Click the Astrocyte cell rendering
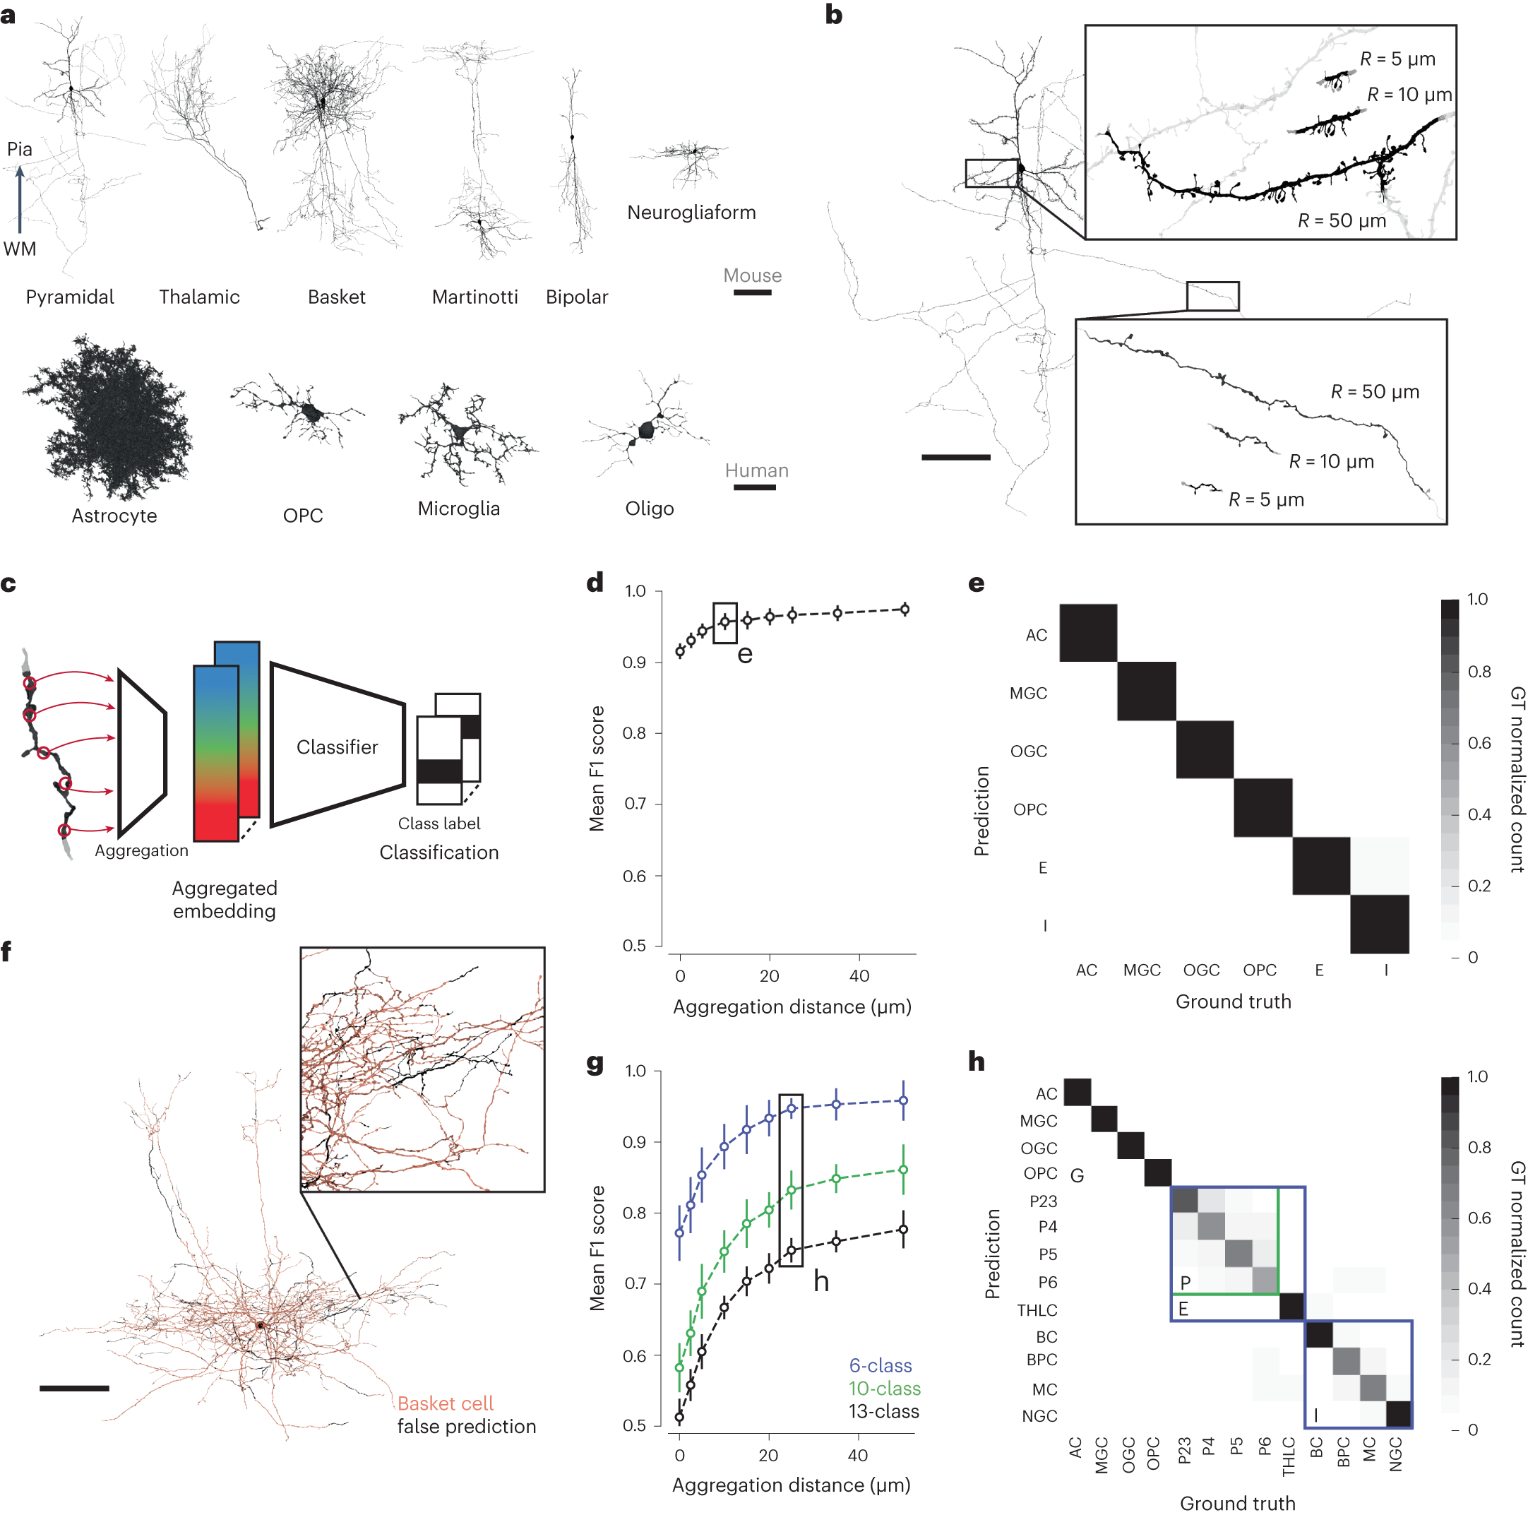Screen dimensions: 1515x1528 click(x=111, y=420)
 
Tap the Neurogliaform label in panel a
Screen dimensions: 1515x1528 click(x=691, y=213)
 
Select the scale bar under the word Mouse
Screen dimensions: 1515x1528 click(x=751, y=292)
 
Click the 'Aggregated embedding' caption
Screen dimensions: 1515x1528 click(x=225, y=900)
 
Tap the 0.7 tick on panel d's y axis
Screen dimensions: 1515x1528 click(x=635, y=804)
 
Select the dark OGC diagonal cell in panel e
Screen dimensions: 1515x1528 click(x=1205, y=749)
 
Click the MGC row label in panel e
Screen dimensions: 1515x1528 click(x=1028, y=693)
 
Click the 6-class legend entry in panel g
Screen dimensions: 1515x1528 click(x=881, y=1365)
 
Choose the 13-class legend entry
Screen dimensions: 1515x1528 click(x=883, y=1411)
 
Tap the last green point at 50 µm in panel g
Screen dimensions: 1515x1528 click(x=903, y=1170)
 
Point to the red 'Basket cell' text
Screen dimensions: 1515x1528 click(x=446, y=1403)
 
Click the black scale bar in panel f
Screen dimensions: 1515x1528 click(x=74, y=1388)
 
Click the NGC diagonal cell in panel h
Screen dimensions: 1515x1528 click(x=1398, y=1415)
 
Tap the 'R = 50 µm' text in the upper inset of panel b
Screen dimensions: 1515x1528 click(x=1342, y=221)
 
